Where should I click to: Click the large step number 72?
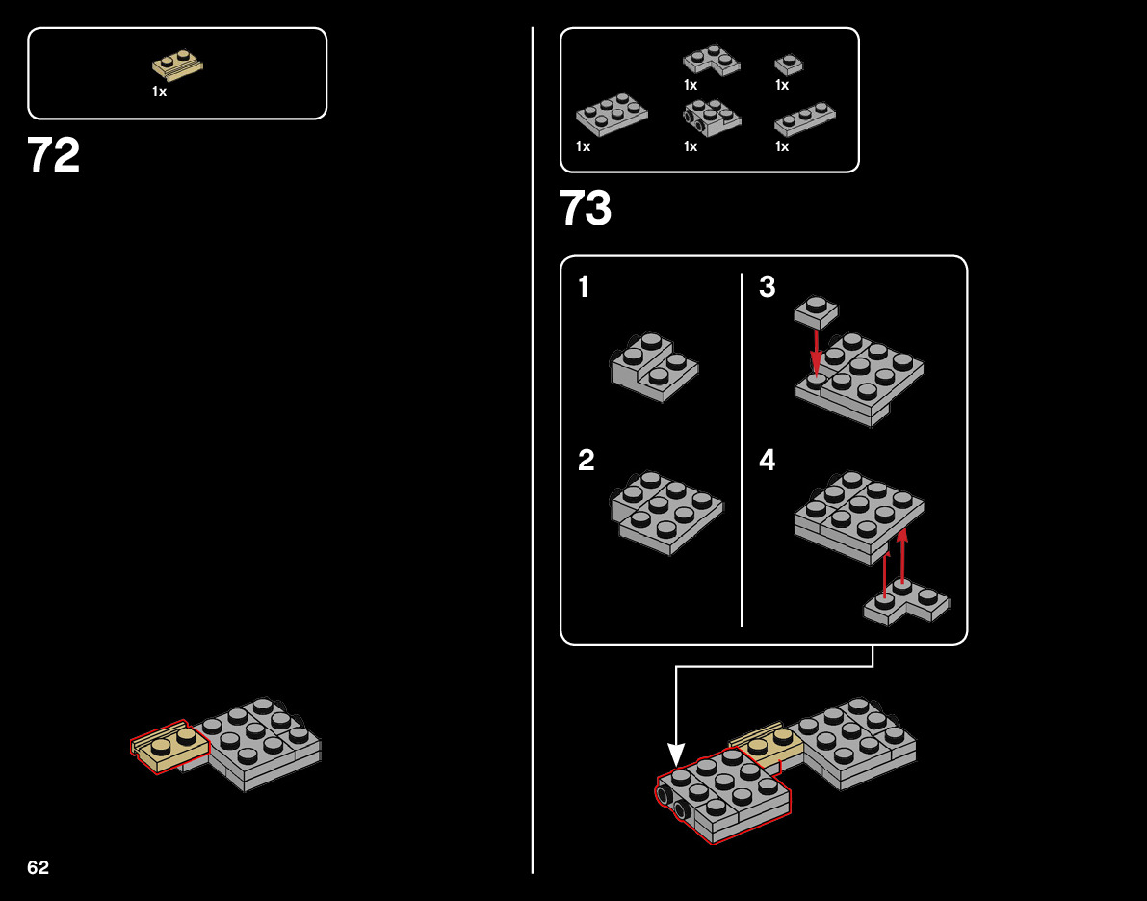click(54, 155)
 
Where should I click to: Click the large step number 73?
click(586, 208)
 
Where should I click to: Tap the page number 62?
click(39, 868)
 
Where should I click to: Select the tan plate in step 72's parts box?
click(177, 66)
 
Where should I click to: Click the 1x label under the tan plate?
click(159, 92)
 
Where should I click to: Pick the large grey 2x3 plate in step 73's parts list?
click(612, 115)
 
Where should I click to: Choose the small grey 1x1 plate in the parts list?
click(788, 65)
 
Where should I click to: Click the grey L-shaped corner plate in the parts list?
click(712, 61)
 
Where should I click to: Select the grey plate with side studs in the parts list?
click(711, 117)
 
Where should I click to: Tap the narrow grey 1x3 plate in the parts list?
click(805, 119)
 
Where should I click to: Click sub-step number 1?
click(584, 287)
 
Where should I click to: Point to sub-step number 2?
click(586, 461)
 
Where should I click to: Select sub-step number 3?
click(767, 287)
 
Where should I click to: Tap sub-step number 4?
click(767, 461)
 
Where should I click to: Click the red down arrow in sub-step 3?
click(817, 353)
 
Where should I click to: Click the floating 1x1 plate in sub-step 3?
click(816, 312)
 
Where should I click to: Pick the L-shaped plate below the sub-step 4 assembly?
click(905, 602)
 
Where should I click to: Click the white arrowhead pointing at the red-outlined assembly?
click(676, 754)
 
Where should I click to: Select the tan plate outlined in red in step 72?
click(170, 746)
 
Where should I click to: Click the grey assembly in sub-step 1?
click(654, 367)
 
